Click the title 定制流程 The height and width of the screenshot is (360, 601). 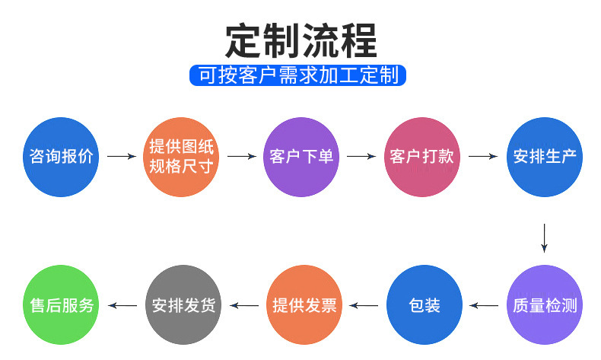tap(300, 40)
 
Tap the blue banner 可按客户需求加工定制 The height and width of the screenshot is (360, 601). tap(298, 75)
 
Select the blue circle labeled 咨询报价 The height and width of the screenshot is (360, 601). tap(62, 157)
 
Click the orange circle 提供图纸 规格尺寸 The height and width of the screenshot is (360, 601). tap(181, 157)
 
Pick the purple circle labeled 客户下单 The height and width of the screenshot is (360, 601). tap(301, 157)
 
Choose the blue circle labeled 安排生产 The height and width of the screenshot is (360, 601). tap(545, 157)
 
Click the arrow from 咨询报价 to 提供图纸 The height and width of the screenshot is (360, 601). tap(121, 157)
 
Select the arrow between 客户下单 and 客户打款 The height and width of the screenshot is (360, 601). tap(361, 157)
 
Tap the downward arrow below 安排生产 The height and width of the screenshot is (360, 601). tap(545, 237)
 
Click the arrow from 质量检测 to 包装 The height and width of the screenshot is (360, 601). tap(485, 306)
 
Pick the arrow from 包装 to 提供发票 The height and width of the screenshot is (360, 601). tap(364, 306)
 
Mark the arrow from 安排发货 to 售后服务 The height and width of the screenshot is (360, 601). tap(122, 306)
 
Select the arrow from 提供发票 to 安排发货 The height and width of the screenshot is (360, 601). tap(244, 306)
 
